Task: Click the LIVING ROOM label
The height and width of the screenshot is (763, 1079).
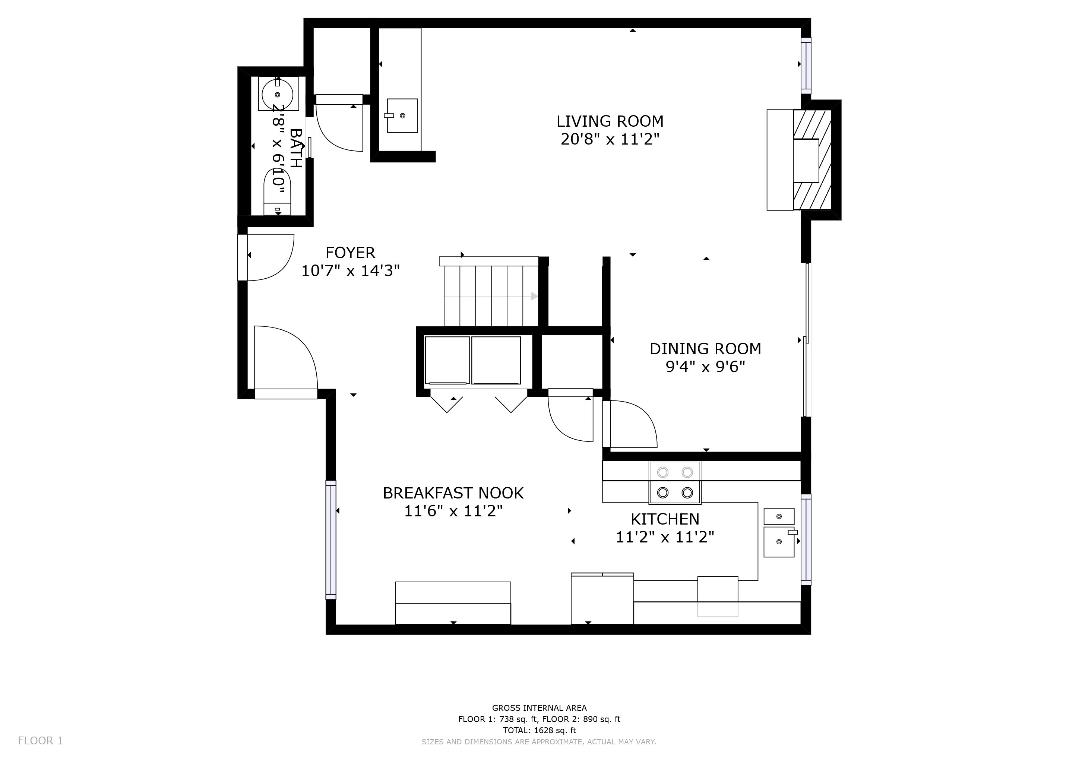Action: pos(610,121)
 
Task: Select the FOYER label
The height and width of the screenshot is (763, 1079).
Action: pos(351,253)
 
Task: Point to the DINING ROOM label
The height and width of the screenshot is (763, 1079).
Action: pos(705,349)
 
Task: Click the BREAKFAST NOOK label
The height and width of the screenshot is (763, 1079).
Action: pos(453,493)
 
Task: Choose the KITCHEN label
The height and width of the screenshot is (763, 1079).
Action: pos(665,519)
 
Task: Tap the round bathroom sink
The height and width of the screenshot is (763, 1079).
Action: pos(277,94)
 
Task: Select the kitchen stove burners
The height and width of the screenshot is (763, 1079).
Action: pos(675,482)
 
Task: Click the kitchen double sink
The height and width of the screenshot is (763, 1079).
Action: pos(779,532)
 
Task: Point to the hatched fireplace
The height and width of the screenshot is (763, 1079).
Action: pos(812,160)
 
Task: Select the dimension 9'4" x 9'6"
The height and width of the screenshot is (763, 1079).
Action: pos(705,367)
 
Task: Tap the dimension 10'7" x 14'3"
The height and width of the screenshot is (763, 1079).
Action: pos(351,271)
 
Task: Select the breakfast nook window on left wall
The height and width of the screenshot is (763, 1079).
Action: pos(331,540)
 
